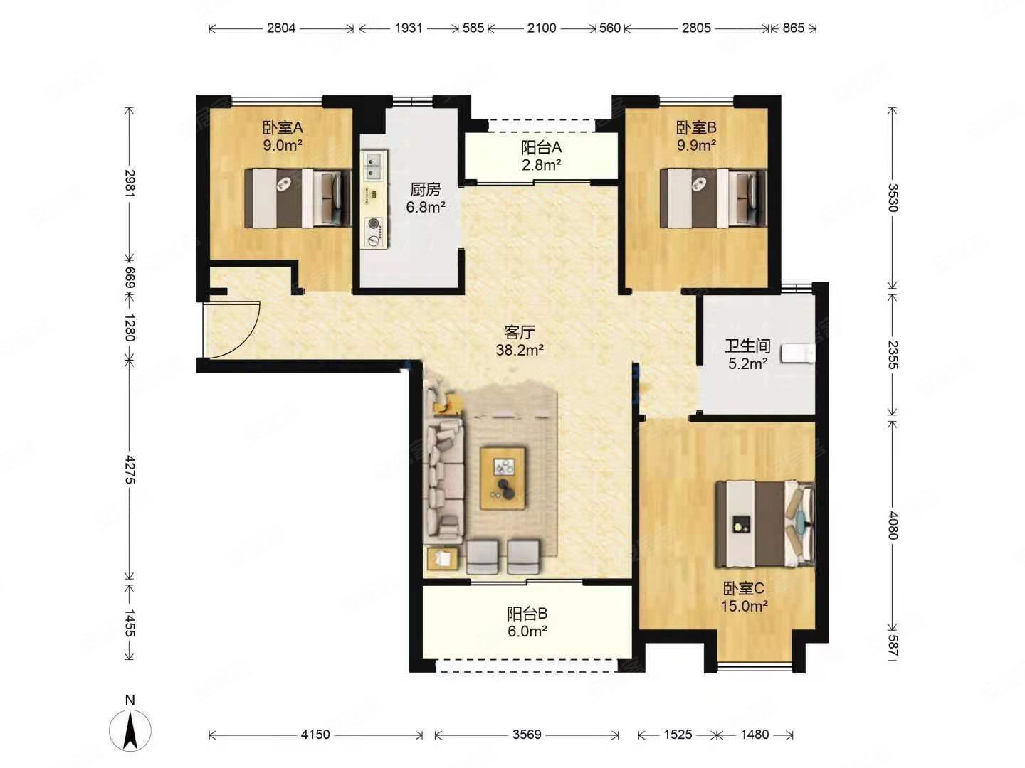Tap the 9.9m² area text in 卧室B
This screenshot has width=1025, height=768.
tap(696, 146)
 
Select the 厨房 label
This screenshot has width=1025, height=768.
tap(425, 189)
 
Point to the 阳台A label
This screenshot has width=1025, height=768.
tap(541, 148)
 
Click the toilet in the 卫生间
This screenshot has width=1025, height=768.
tap(799, 353)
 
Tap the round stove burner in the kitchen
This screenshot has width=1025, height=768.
tap(374, 224)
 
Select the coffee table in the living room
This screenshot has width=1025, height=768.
tap(503, 478)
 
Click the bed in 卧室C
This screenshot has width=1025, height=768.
tap(764, 524)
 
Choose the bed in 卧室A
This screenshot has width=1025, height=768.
tap(298, 198)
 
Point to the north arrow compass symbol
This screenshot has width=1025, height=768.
tap(130, 731)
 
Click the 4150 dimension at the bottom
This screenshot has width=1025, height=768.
tap(315, 735)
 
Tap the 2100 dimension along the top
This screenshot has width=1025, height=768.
tap(542, 28)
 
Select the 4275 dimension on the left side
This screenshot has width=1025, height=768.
tap(130, 470)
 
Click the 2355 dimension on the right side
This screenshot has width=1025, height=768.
tap(893, 356)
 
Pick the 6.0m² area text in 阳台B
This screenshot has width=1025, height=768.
tap(527, 631)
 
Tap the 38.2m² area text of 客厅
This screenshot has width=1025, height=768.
tap(520, 350)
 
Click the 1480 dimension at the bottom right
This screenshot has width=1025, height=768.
tap(755, 735)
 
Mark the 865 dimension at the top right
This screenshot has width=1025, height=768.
tap(794, 28)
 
